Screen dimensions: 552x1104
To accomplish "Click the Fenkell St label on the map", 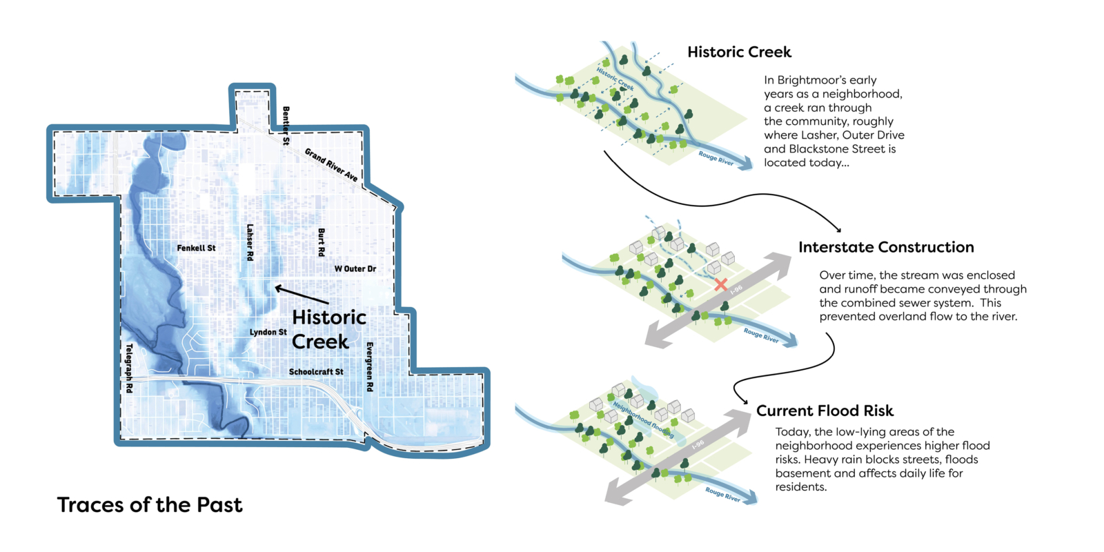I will click(196, 248).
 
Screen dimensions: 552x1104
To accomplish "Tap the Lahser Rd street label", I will click(250, 241).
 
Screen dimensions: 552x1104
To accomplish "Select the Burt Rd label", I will click(321, 242).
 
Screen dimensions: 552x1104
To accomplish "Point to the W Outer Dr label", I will click(355, 268).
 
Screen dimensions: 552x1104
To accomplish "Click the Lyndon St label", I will click(268, 332).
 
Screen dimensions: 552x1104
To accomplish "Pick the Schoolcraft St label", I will click(316, 372).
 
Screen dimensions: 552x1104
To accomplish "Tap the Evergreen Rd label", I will click(370, 366).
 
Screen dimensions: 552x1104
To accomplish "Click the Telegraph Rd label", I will click(128, 368).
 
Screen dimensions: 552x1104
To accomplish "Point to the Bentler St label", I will click(286, 125).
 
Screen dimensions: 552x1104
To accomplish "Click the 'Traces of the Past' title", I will click(150, 505).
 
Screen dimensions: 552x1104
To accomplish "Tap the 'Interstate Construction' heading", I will click(886, 247).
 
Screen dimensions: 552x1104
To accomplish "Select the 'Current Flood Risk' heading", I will click(825, 411).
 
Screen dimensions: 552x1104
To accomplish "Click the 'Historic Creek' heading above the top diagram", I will click(739, 52).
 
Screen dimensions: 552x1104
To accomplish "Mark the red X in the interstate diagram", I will click(721, 284).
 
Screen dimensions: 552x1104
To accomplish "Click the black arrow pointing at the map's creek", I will click(302, 295).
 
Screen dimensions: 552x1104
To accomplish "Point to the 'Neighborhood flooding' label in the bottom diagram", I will click(643, 420).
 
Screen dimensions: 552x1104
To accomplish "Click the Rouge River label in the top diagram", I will click(716, 158).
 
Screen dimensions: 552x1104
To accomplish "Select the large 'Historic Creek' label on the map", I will click(328, 329).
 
